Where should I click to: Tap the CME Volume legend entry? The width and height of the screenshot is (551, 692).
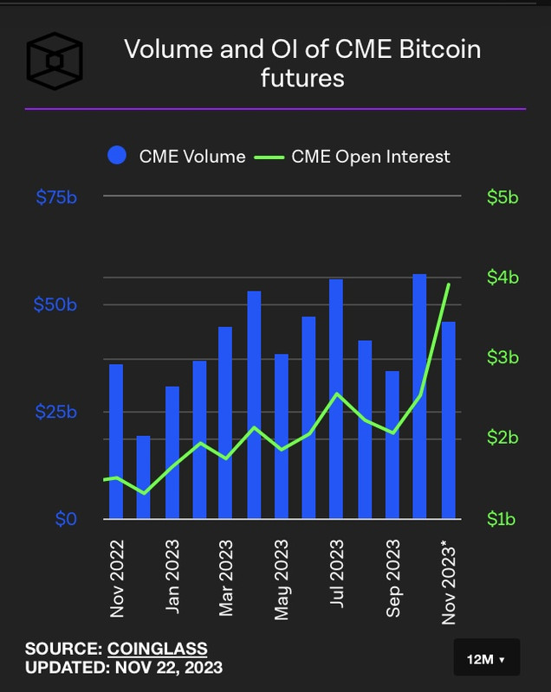(177, 157)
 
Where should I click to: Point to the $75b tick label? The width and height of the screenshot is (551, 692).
(56, 198)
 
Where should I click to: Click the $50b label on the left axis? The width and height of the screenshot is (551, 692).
(56, 305)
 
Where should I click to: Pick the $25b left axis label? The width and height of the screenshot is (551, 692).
(56, 413)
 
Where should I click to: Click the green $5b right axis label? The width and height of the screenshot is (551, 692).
(502, 198)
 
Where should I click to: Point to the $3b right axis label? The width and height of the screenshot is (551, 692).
(502, 358)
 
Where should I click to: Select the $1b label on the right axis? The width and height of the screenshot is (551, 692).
(502, 519)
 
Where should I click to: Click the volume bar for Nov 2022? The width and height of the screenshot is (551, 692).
(116, 441)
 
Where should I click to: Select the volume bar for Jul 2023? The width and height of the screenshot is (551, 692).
(336, 399)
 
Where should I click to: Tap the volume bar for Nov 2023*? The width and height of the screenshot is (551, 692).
(448, 420)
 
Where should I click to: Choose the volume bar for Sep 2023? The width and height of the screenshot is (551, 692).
(392, 445)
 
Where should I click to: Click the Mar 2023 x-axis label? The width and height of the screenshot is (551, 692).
(226, 579)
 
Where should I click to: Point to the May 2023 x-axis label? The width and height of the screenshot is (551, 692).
(282, 579)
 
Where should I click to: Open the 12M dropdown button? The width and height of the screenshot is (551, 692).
(486, 659)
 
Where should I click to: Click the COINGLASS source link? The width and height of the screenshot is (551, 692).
(157, 649)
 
